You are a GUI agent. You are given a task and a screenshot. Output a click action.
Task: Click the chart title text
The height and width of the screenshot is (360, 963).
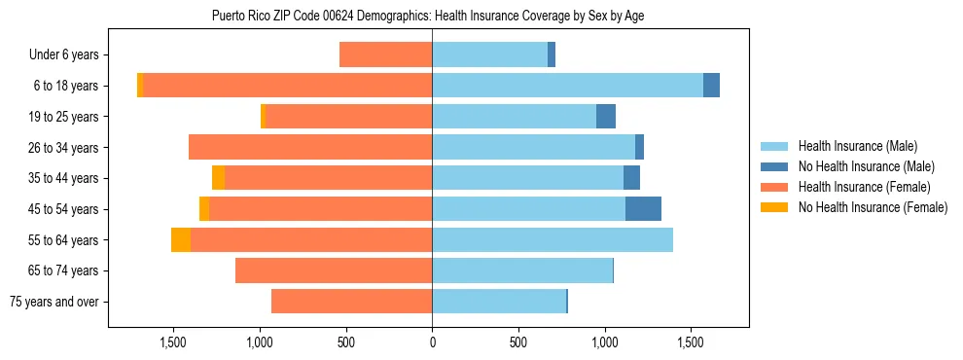(428, 16)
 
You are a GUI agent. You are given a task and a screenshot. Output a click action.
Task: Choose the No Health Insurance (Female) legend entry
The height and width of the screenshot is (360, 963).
(872, 207)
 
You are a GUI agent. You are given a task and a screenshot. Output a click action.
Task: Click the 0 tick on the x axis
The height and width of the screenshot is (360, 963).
(432, 342)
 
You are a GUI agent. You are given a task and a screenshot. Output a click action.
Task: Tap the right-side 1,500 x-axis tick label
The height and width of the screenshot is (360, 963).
(691, 342)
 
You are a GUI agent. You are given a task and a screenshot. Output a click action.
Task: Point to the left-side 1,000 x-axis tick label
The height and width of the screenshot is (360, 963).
(260, 342)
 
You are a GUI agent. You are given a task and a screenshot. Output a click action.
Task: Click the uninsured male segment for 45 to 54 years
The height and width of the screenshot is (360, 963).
(643, 209)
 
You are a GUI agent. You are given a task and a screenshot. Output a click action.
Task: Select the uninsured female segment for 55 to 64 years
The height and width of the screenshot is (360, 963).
(181, 240)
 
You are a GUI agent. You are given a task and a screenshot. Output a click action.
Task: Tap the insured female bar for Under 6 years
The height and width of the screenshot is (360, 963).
(385, 55)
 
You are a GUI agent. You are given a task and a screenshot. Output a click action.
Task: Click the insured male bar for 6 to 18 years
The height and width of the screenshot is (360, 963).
(567, 86)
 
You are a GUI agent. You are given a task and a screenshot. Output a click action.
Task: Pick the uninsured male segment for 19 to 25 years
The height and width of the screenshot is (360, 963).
(606, 117)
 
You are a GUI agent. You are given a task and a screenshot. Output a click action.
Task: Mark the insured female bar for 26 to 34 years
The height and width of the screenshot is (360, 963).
(310, 148)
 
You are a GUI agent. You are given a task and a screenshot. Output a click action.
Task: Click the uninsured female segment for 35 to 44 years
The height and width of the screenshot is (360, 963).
(218, 178)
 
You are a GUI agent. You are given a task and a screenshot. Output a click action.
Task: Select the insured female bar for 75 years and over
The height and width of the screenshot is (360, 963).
(351, 302)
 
